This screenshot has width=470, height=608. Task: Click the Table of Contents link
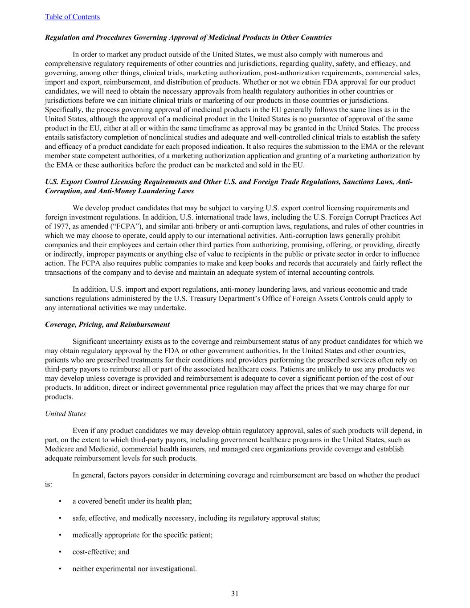[x=72, y=16]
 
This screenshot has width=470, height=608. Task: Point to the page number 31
[x=235, y=593]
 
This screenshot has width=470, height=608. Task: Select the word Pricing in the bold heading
[x=88, y=324]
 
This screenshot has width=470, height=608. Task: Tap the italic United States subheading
[x=65, y=413]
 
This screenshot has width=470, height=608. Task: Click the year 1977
[x=61, y=226]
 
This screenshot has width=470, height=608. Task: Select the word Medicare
[x=59, y=449]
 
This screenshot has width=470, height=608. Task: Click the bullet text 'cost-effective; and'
[x=101, y=551]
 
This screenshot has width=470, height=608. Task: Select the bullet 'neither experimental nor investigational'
[x=134, y=568]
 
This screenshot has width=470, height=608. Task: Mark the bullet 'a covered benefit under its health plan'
[x=132, y=501]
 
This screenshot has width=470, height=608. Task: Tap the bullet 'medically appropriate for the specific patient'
[x=142, y=535]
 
